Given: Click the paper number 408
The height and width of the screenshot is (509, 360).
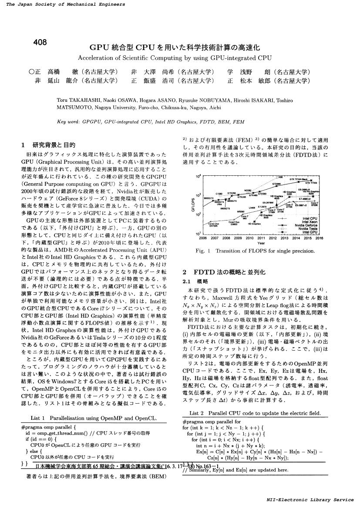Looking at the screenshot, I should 40,42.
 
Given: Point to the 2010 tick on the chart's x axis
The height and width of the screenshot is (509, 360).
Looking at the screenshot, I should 249,238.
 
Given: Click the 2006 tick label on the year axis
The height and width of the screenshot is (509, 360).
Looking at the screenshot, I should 202,238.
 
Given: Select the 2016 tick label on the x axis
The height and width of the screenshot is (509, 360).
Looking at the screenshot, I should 320,238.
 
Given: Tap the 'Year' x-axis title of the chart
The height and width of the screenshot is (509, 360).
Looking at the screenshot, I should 261,243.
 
